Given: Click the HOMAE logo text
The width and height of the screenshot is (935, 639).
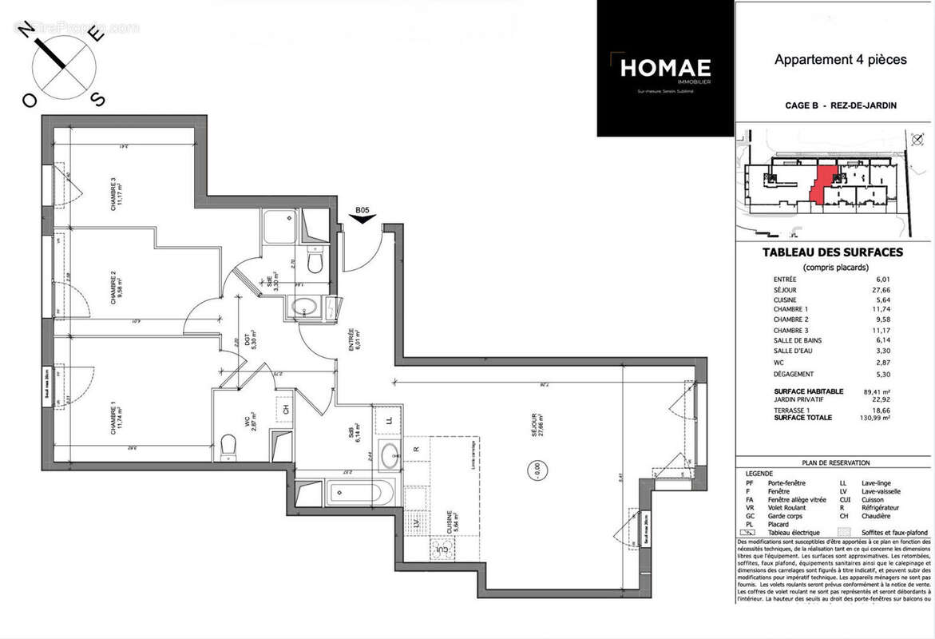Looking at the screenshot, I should point(665,69).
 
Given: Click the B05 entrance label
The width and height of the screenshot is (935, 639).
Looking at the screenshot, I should point(363,211).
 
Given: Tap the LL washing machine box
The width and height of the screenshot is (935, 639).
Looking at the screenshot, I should point(388,419).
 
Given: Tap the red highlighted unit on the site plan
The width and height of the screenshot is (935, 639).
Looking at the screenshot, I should point(820,181).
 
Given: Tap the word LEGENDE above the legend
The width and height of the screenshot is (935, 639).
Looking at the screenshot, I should point(759,473).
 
